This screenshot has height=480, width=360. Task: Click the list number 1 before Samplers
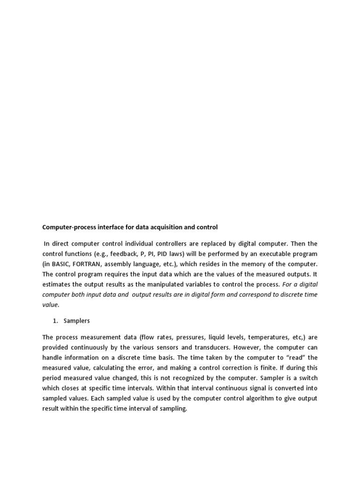coord(53,321)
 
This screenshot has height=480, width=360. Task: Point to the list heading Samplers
coord(76,321)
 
